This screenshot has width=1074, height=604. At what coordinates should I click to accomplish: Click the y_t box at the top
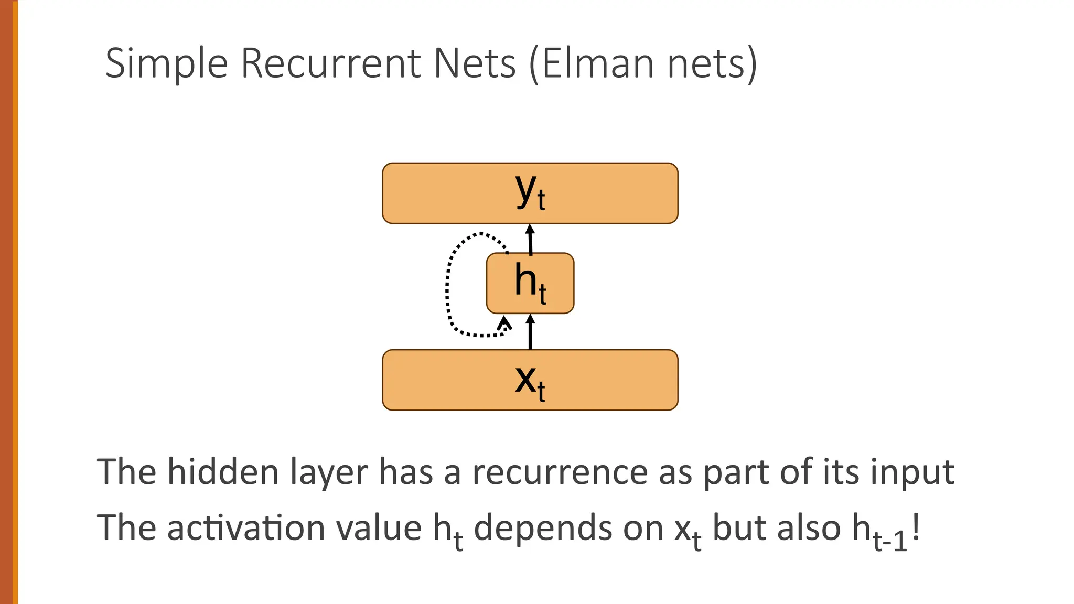coord(530,193)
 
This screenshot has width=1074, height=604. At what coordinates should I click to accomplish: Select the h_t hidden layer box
coord(530,283)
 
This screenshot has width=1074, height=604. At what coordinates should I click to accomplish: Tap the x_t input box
coord(530,380)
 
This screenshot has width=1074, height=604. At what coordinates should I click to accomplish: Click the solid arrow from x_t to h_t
coord(530,332)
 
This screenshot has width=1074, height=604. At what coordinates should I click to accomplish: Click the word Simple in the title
coord(166,64)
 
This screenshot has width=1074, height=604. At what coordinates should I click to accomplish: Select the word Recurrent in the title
coord(330,64)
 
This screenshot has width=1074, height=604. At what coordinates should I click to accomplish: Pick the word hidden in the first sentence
coord(223,472)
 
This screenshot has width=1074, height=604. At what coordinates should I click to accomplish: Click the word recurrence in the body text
coord(560,472)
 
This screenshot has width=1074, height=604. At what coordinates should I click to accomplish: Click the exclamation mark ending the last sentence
coord(916,527)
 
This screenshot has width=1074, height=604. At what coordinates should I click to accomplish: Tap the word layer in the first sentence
coord(329,472)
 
